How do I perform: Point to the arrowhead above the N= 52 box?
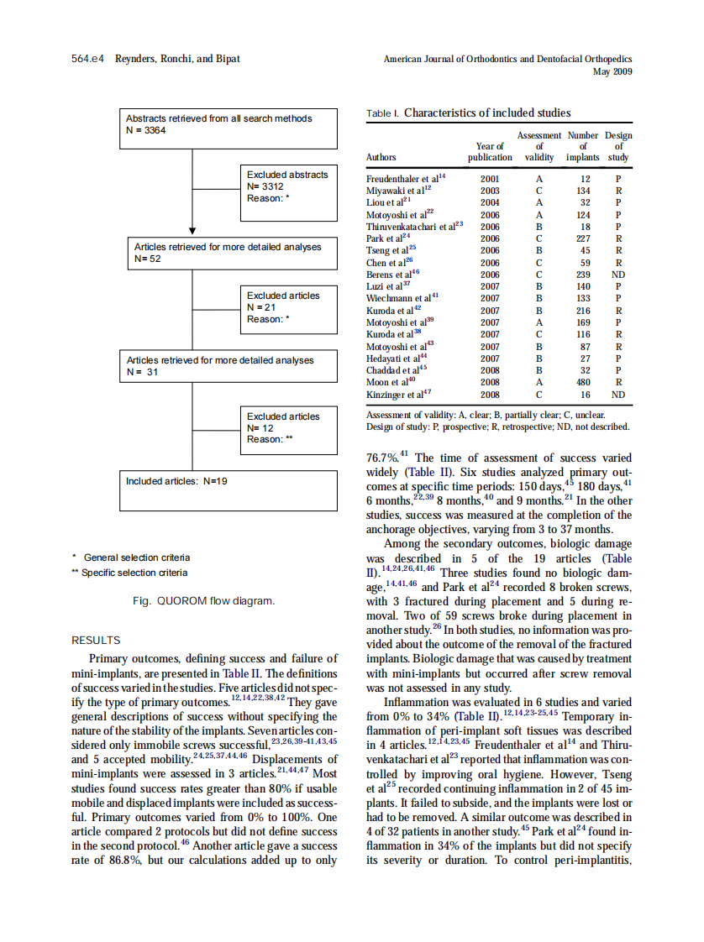pyautogui.click(x=193, y=229)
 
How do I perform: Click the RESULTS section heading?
pyautogui.click(x=96, y=640)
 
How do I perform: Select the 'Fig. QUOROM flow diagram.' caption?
pyautogui.click(x=203, y=600)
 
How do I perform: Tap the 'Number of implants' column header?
pyautogui.click(x=583, y=146)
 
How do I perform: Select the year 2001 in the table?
pyautogui.click(x=490, y=179)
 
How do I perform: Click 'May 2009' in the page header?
pyautogui.click(x=612, y=71)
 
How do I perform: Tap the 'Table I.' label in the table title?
pyautogui.click(x=383, y=113)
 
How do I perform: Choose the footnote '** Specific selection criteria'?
pyautogui.click(x=130, y=573)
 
